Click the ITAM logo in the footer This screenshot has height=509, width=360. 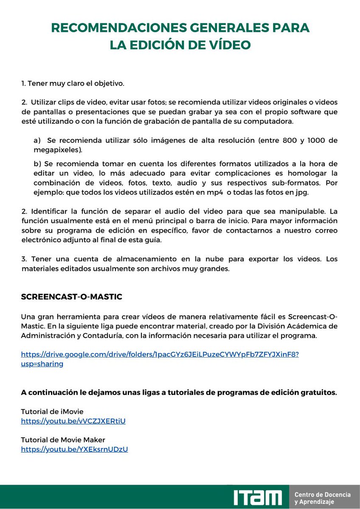coord(257,497)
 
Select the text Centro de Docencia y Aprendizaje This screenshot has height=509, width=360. coord(323,498)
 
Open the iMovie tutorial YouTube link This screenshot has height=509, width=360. coord(73,421)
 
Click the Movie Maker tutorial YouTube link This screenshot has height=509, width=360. coord(74,449)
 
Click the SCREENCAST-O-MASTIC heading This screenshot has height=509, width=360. coord(71,297)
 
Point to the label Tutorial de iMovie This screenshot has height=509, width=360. coord(52,411)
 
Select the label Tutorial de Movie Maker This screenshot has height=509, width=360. coord(63,440)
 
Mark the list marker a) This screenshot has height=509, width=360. coord(37,140)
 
